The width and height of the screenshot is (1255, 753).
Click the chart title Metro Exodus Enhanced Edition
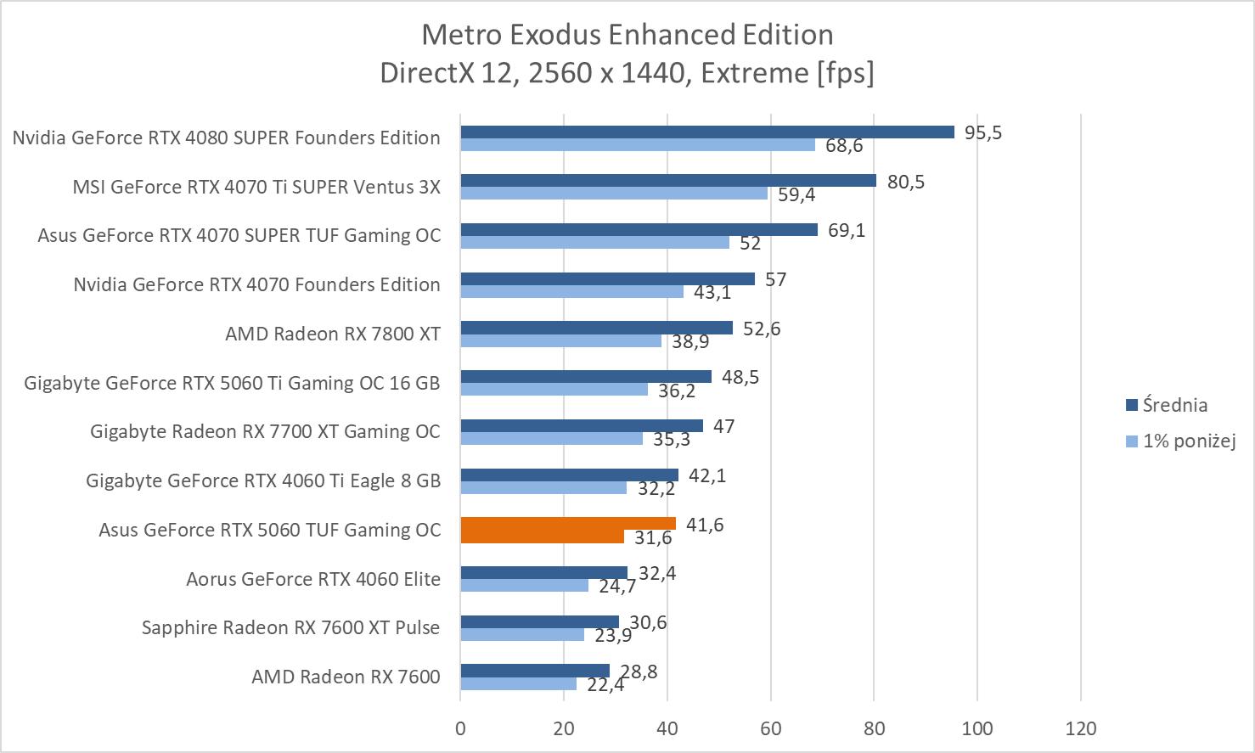627,35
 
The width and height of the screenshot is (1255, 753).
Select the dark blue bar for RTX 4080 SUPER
706,132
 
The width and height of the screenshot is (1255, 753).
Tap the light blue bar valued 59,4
613,194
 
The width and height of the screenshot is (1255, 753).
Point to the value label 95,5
982,132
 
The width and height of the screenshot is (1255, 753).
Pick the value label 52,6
762,329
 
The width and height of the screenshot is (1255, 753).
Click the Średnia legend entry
1174,405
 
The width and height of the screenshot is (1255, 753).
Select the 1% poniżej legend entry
1188,441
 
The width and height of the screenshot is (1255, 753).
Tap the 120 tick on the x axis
1081,728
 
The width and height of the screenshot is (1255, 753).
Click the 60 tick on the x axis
770,728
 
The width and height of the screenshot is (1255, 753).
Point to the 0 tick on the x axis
460,728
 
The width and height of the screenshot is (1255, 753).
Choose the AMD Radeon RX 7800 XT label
333,334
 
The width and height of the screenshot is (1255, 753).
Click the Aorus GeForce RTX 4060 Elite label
313,579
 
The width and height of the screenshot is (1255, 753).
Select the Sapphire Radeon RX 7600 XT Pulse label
290,627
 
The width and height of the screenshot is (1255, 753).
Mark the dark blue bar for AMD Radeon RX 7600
535,671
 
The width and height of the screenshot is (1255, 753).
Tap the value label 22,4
605,684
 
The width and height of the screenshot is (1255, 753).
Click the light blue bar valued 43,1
571,291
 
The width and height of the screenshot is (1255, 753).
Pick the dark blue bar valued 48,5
586,376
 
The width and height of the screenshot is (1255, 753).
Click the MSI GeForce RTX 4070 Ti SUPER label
256,187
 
